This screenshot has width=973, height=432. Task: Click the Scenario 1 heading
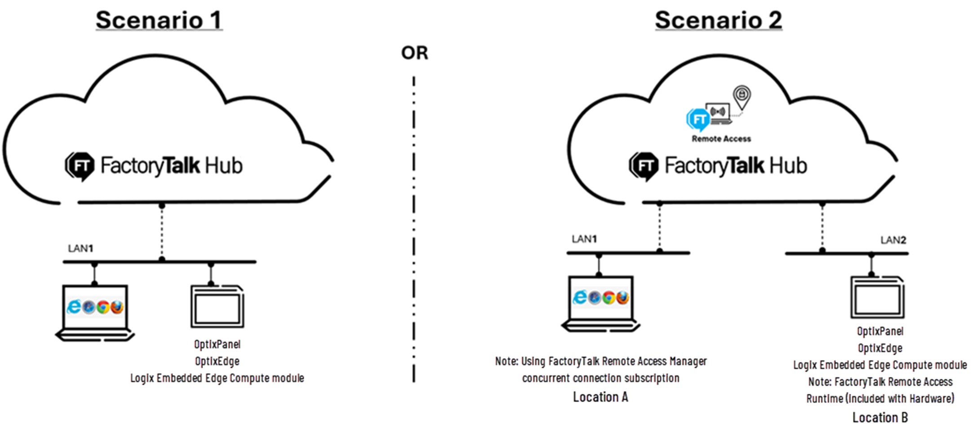coord(159,20)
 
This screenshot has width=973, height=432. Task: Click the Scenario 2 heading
coord(718,20)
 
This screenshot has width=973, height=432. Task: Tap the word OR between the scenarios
coord(414,53)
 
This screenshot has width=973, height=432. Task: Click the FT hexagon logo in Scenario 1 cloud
coord(80,166)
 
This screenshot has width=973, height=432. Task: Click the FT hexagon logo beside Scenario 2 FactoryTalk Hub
coord(644,166)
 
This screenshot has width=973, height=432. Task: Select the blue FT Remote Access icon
coord(698,119)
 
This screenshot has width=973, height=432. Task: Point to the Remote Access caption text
coord(721,139)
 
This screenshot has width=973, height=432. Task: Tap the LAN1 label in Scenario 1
coord(80,248)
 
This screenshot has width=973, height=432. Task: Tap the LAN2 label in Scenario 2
coord(893,240)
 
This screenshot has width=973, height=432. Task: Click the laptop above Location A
coord(601,303)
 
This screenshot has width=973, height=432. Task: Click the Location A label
coord(600,397)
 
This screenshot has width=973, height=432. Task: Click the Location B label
coord(880,418)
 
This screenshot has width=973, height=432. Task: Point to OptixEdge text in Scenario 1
coord(217,361)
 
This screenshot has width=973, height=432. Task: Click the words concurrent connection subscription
coord(600,378)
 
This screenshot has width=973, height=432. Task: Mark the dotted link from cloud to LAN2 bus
coord(822,227)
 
